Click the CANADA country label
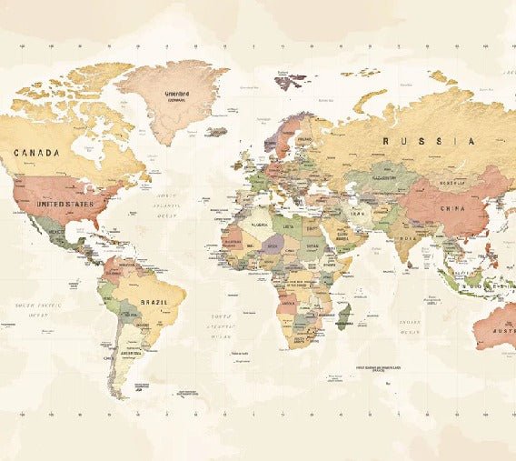tap(35, 153)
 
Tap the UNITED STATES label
tap(64, 205)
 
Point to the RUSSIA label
tap(428, 141)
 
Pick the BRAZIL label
tap(152, 302)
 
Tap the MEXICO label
tap(56, 232)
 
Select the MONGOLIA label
tap(451, 183)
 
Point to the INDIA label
tap(409, 238)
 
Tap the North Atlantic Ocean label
tap(164, 205)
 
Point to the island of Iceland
tap(216, 132)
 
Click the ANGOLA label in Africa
tap(289, 304)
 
